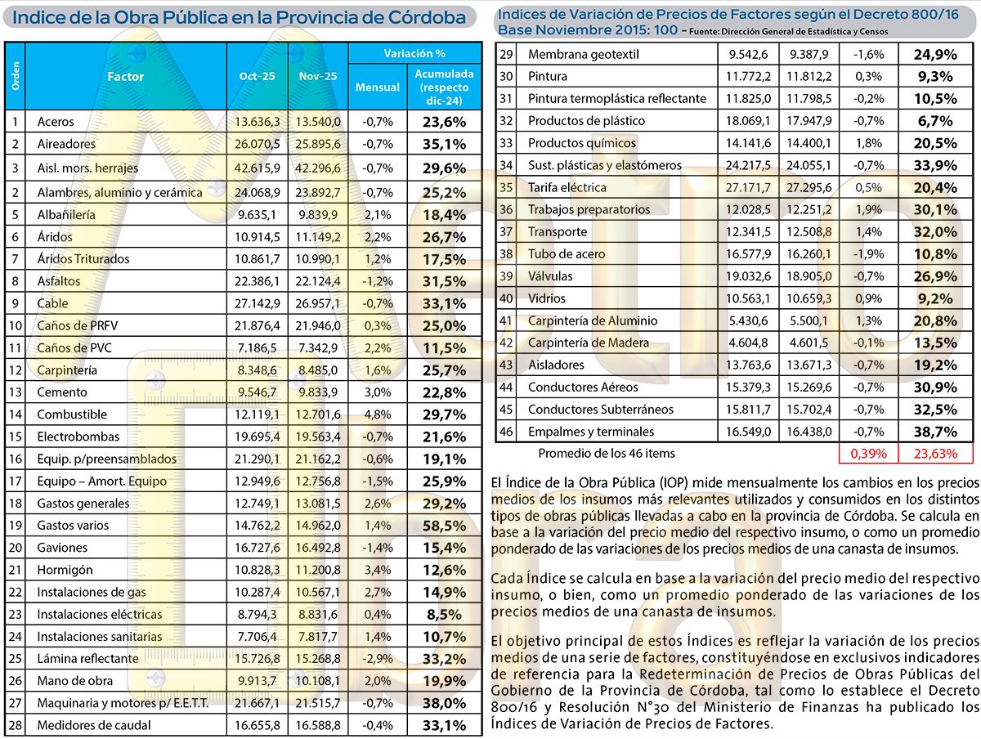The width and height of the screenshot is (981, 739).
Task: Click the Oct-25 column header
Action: point(257,76)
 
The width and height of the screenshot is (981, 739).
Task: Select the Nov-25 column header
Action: point(318,76)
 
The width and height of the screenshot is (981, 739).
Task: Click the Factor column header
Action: point(125,76)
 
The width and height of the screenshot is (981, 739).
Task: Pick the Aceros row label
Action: point(56,122)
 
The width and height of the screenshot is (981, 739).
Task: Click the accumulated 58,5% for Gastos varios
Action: point(444,526)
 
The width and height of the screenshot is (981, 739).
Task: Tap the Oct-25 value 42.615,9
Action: point(257,168)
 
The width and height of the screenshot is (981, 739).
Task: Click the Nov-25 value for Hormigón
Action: point(318,570)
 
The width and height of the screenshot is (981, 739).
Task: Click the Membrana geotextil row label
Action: point(583,55)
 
